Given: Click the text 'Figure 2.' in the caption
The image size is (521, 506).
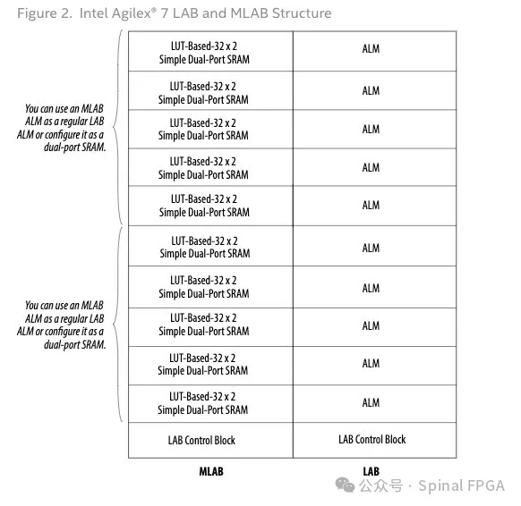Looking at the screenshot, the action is (x=45, y=13).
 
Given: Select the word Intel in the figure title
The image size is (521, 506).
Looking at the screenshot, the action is (x=93, y=13).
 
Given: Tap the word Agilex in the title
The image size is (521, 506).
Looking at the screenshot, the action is (x=132, y=14).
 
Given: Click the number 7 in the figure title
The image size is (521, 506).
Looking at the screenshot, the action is (x=164, y=13).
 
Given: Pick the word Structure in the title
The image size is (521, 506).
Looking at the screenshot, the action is (x=302, y=13).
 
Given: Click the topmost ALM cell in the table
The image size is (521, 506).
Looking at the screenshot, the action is (x=374, y=51).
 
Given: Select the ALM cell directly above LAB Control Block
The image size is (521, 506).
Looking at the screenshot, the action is (x=374, y=404).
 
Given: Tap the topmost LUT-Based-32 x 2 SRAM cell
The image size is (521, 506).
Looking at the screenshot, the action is (x=210, y=51).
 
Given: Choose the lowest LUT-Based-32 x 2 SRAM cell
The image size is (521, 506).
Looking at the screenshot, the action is (x=210, y=404).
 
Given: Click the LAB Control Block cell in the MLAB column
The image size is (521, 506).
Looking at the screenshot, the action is (x=210, y=441).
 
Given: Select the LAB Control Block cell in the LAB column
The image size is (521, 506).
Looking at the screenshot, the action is (x=374, y=441).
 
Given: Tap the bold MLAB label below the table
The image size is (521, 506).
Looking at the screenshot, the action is (x=211, y=471).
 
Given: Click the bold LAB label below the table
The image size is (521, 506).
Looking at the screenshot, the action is (x=371, y=471).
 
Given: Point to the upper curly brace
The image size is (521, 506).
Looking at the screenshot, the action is (x=114, y=127).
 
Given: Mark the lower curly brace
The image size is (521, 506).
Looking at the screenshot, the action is (x=114, y=325).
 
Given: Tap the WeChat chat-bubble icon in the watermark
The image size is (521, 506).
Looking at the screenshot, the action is (x=346, y=485).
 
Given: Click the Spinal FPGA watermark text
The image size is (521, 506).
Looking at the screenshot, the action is (x=462, y=485).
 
